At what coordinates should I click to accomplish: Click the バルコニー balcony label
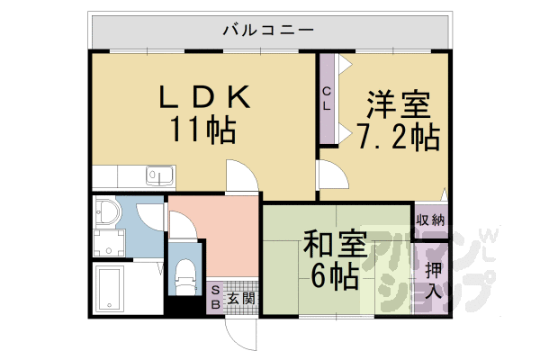[x=268, y=30]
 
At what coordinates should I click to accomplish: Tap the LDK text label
[x=204, y=96]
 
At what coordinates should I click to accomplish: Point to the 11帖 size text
[x=203, y=130]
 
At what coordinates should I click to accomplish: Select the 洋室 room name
[x=399, y=104]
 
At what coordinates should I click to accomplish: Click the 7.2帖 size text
[x=399, y=137]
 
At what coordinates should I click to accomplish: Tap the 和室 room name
[x=335, y=244]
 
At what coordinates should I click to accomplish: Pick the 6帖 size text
[x=335, y=277]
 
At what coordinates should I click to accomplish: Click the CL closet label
[x=327, y=98]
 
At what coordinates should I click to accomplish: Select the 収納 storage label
[x=430, y=220]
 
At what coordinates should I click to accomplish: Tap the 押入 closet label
[x=433, y=281]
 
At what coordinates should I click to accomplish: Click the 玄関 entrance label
[x=241, y=298]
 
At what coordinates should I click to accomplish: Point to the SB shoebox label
[x=215, y=298]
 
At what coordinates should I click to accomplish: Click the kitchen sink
[x=160, y=175]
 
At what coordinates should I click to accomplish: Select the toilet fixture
[x=185, y=276]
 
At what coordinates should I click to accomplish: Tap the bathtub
[x=110, y=289]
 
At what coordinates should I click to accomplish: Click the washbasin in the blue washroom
[x=107, y=211]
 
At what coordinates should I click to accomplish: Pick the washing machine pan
[x=109, y=244]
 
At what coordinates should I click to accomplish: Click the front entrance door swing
[x=240, y=335]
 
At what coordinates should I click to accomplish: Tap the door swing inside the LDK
[x=242, y=175]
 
